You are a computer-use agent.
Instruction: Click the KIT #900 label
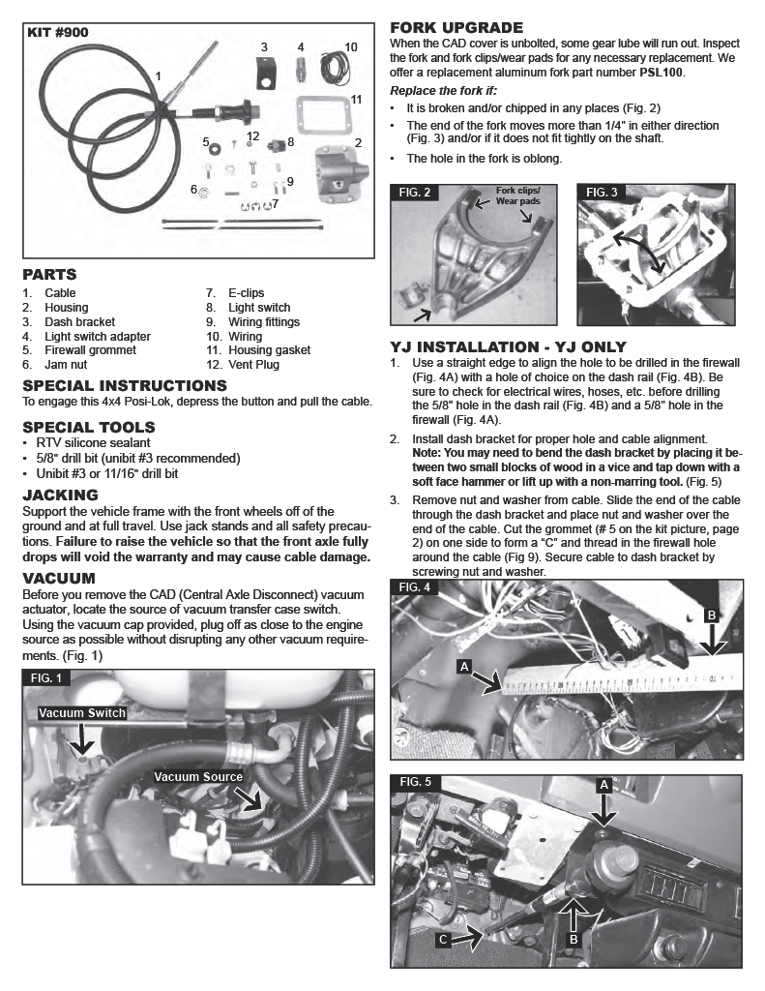pos(58,32)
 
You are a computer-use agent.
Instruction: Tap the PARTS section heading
pos(49,275)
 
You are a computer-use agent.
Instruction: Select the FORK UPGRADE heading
pos(456,28)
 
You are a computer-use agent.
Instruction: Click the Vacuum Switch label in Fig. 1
pos(82,713)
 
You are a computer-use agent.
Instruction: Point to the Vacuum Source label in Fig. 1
pos(198,777)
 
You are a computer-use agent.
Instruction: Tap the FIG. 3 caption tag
pos(602,193)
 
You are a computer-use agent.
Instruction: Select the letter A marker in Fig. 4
pos(464,667)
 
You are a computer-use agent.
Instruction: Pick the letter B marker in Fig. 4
pos(712,615)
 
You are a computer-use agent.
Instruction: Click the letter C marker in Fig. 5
pos(443,939)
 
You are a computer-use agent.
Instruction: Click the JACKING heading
pos(60,495)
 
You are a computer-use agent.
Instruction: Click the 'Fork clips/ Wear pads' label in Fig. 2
pos(518,195)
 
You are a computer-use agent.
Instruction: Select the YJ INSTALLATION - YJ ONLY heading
pos(508,346)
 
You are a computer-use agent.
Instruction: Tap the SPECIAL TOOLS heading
pos(88,427)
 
